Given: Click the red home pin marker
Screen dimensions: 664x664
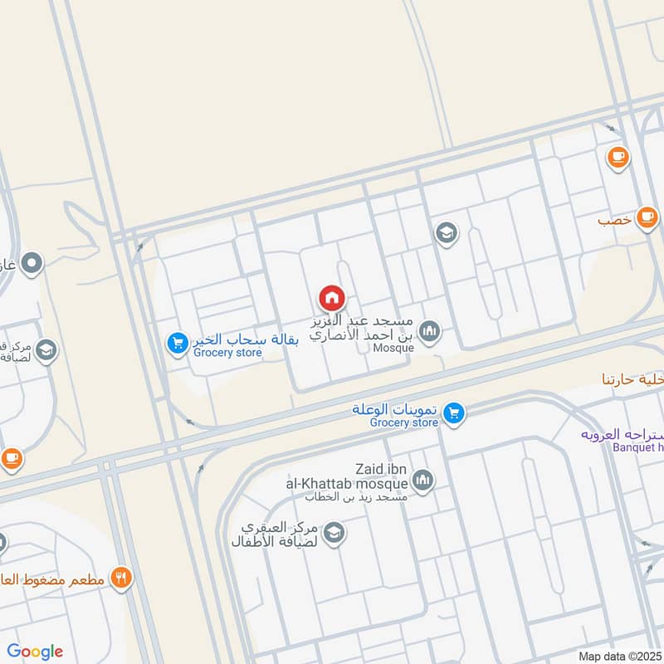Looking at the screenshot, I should (x=332, y=297).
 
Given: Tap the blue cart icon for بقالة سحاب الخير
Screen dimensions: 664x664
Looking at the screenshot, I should (x=177, y=342).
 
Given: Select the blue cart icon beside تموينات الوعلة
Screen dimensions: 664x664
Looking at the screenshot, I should (x=453, y=413).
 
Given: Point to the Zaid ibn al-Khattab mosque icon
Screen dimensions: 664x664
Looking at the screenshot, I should (x=423, y=481).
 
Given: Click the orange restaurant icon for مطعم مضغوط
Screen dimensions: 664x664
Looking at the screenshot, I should (x=122, y=578).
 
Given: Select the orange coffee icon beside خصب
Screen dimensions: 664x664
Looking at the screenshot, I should (x=647, y=217).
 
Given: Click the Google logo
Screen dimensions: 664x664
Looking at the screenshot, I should (x=35, y=652).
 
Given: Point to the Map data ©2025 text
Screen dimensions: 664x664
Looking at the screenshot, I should (x=620, y=656).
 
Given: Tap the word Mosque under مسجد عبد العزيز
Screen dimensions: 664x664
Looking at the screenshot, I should (x=393, y=349).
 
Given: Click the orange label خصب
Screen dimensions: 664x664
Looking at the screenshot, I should (x=616, y=222).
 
